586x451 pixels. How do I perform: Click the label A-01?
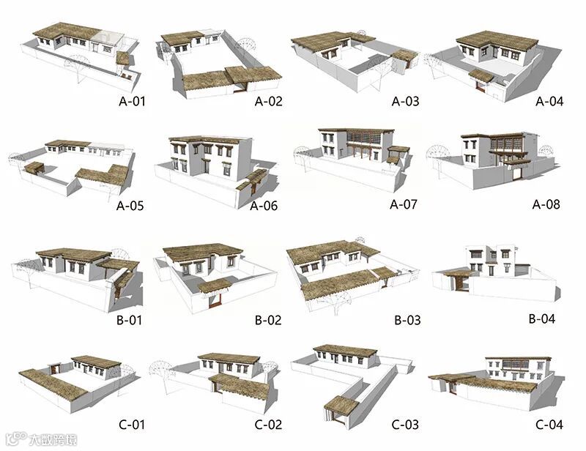pyautogui.click(x=132, y=102)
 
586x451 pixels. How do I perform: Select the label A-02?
pyautogui.click(x=268, y=102)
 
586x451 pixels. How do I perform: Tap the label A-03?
pyautogui.click(x=406, y=102)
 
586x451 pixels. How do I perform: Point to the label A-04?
pyautogui.click(x=549, y=102)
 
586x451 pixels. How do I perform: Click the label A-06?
pyautogui.click(x=264, y=206)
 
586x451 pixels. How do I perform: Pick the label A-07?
pyautogui.click(x=403, y=204)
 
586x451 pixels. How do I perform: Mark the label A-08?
pyautogui.click(x=545, y=204)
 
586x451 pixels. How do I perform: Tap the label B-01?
pyautogui.click(x=132, y=320)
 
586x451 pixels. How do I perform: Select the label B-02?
pyautogui.click(x=268, y=320)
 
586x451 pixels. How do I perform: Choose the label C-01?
pyautogui.click(x=132, y=424)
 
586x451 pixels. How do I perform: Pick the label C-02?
pyautogui.click(x=268, y=424)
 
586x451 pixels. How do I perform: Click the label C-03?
pyautogui.click(x=405, y=424)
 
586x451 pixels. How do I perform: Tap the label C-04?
pyautogui.click(x=549, y=424)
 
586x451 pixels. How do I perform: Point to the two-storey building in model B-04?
pyautogui.click(x=491, y=260)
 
